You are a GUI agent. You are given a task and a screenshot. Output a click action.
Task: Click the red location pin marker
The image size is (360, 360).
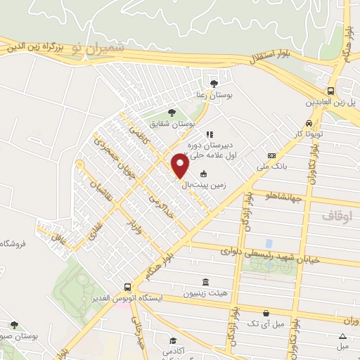pyautogui.click(x=180, y=166)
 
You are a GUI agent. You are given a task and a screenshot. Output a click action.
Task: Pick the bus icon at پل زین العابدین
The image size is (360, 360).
pyautogui.click(x=330, y=91)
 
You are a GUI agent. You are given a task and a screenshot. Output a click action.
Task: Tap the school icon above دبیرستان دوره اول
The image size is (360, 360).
pyautogui.click(x=209, y=134)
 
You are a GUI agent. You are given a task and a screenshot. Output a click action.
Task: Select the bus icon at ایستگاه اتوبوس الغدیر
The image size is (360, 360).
pyautogui.click(x=127, y=287)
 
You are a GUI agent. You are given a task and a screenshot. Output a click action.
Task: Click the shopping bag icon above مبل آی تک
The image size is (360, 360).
pyautogui.click(x=266, y=314)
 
